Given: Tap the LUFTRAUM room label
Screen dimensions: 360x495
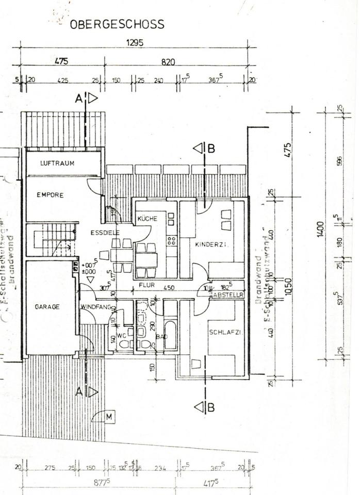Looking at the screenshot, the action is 57,163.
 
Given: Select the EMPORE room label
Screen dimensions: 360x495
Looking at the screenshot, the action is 50,195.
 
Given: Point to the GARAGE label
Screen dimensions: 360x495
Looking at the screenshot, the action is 47,307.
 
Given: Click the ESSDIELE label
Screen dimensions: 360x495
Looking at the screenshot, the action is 105,233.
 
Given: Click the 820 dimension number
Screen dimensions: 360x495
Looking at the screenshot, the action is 169,62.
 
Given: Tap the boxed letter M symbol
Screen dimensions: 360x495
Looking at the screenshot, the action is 109,416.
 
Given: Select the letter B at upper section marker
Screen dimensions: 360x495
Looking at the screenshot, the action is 210,148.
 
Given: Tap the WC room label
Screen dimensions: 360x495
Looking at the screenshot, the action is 122,335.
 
